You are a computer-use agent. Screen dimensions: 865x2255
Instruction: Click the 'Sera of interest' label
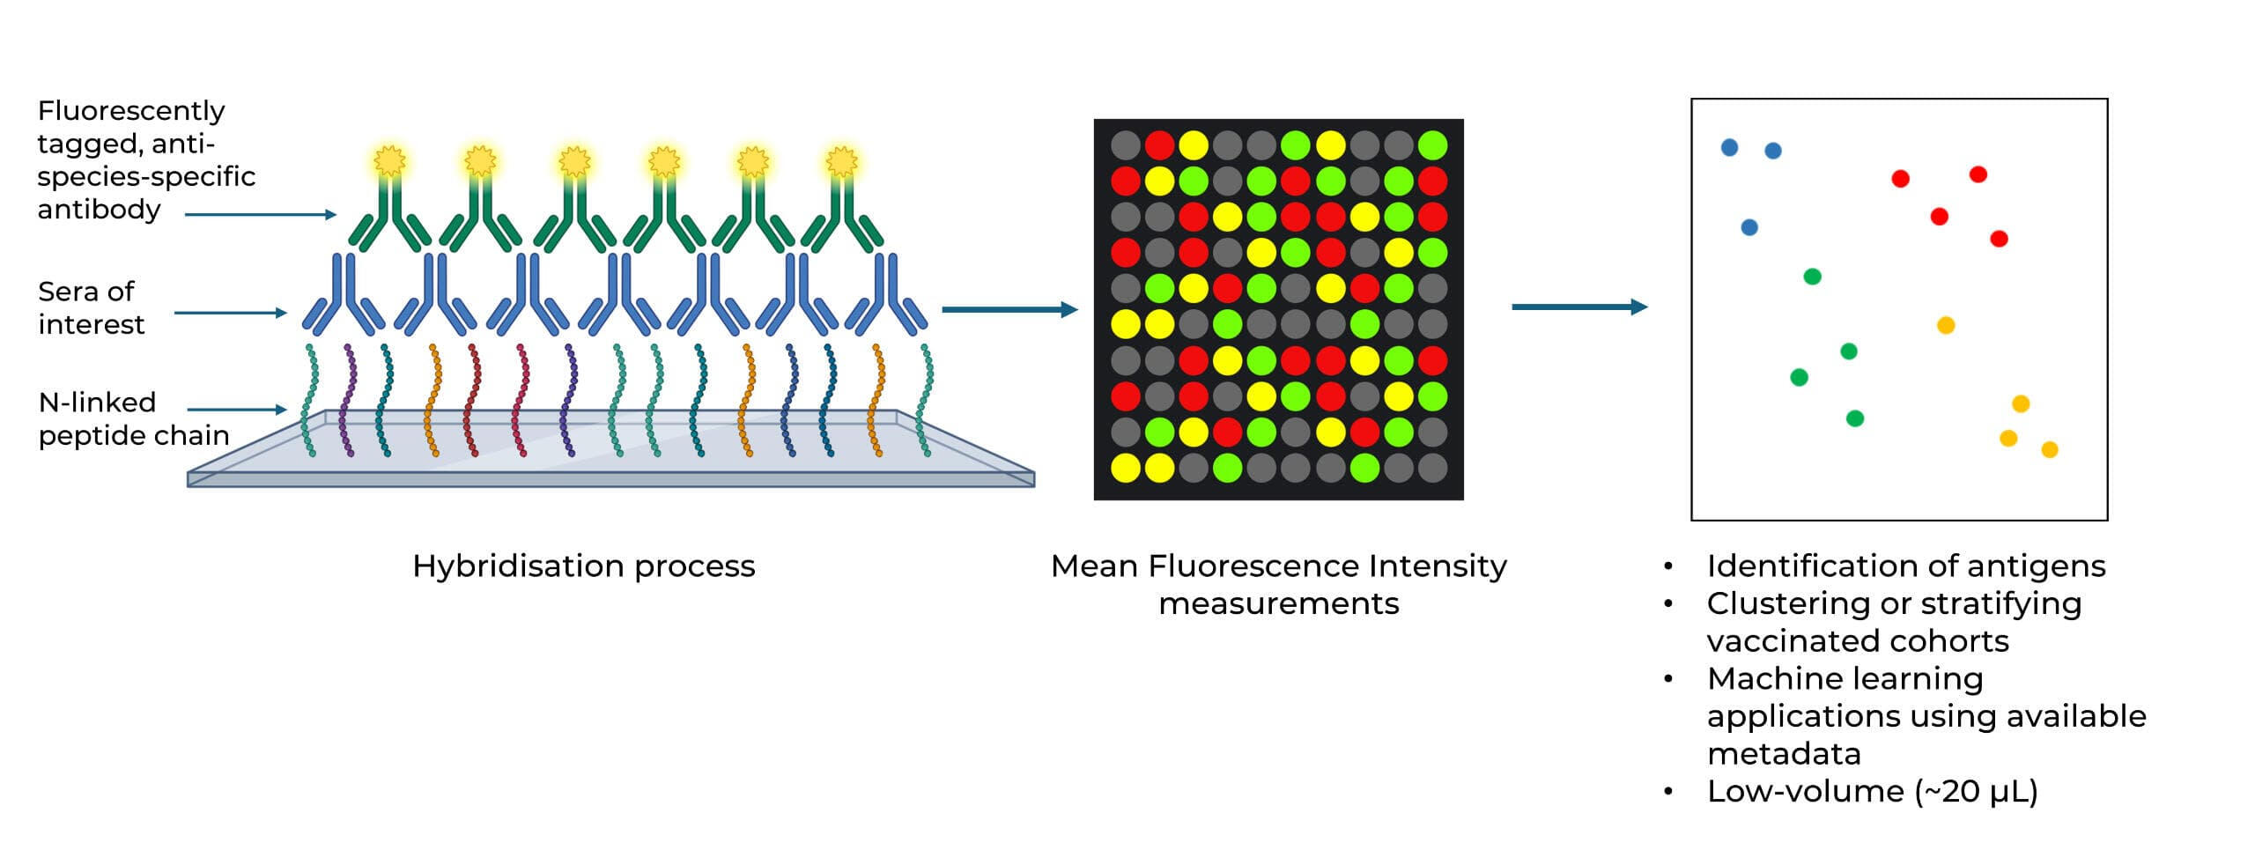[x=91, y=307]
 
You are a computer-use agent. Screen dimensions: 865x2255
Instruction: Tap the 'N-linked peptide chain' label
[x=133, y=418]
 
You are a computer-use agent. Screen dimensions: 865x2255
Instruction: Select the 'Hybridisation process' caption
[x=583, y=566]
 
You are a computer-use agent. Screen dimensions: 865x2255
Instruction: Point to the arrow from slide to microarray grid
[x=1009, y=309]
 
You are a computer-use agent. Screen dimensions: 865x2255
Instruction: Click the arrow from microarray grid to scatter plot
[x=1578, y=307]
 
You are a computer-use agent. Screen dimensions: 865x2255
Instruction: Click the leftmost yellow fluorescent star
[x=389, y=161]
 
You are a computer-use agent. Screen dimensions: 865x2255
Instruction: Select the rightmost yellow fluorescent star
[x=841, y=161]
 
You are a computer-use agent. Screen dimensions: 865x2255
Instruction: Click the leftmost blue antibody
[x=344, y=295]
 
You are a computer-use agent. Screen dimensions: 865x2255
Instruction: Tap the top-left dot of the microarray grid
[x=1125, y=144]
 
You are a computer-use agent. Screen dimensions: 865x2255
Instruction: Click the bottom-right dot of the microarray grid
[x=1432, y=468]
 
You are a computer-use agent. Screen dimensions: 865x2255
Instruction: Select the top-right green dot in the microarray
[x=1432, y=144]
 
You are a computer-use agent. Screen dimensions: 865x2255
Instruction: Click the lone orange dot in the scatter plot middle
[x=1946, y=325]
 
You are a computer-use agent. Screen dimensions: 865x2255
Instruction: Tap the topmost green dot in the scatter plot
[x=1812, y=277]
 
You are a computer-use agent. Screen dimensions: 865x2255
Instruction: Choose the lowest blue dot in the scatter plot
[x=1749, y=227]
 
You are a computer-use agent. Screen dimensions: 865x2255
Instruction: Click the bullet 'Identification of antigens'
[x=1905, y=566]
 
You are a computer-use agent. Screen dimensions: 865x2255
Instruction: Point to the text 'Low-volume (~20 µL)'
[x=1872, y=791]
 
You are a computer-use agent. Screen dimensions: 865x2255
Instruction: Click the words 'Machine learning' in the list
[x=1845, y=678]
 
